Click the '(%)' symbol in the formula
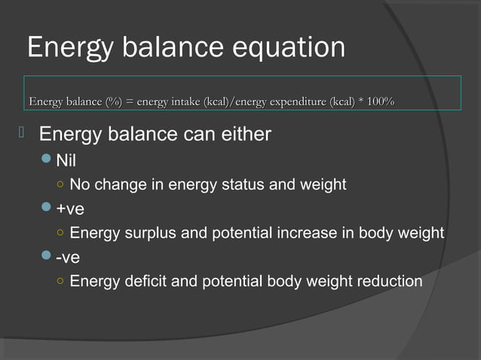pos(117,102)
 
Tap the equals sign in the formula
pos(133,102)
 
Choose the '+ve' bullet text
pos(69,209)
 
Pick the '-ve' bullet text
pos(68,258)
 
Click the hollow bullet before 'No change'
pos(59,185)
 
